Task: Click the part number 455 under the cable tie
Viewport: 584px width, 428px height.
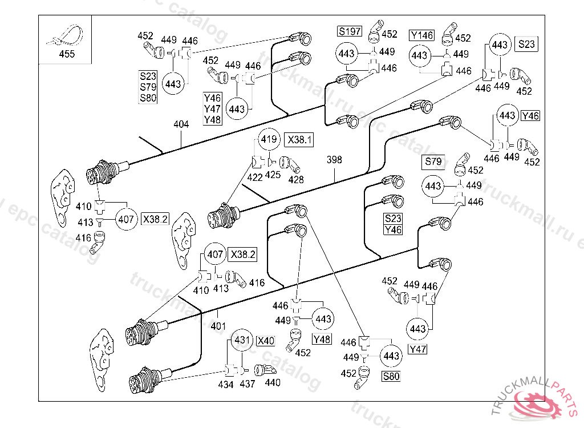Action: click(67, 55)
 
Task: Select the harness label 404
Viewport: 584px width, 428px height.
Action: click(181, 124)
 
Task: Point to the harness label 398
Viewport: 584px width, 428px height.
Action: click(334, 160)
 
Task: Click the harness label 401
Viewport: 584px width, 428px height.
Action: click(219, 326)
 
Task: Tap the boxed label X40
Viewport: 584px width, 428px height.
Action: click(265, 341)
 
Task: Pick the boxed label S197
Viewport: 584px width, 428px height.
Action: click(350, 31)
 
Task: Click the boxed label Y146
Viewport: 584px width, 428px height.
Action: click(422, 35)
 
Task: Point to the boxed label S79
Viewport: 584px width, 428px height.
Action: click(433, 161)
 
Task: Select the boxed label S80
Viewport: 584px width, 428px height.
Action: click(392, 376)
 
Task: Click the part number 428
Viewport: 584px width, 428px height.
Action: click(295, 179)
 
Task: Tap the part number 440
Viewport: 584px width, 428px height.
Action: click(273, 382)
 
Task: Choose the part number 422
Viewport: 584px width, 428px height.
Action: click(255, 177)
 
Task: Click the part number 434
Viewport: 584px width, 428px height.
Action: click(226, 384)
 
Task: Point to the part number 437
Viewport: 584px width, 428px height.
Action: click(248, 384)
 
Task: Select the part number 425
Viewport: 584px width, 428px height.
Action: click(273, 175)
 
